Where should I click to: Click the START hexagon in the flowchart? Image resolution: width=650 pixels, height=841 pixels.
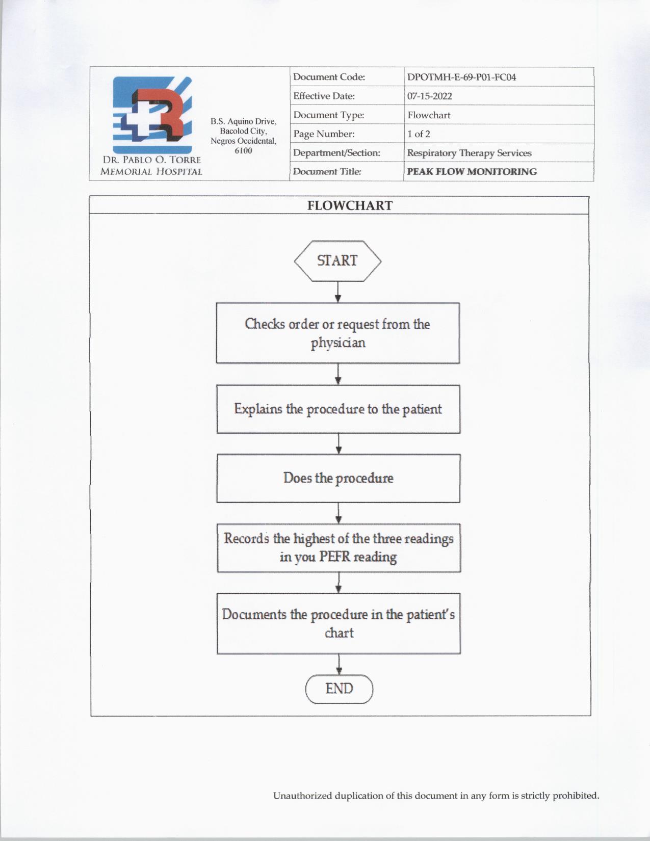coord(337,261)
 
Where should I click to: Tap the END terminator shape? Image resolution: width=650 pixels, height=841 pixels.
coord(339,689)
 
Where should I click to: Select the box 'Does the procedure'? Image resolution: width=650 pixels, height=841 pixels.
coord(339,478)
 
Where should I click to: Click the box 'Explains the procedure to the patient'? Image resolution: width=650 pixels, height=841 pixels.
coord(339,409)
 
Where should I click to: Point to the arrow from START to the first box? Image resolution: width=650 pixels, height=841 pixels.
coord(337,292)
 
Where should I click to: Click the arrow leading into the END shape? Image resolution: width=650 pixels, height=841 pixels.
coord(339,664)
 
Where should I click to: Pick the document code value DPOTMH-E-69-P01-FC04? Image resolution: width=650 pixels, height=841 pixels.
coord(461,77)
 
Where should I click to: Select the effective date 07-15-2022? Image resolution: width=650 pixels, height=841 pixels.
coord(429,96)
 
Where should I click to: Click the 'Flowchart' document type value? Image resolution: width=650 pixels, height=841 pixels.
coord(429,115)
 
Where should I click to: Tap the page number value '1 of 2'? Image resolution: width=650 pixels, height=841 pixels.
coord(419,134)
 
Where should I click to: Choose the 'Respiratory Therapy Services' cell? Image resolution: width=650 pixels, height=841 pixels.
coord(469,153)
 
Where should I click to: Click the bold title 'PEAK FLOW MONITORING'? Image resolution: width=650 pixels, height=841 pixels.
coord(472,172)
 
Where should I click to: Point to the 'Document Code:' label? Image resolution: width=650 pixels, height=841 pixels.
coord(329,77)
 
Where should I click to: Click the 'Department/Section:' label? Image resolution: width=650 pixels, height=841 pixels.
coord(336,153)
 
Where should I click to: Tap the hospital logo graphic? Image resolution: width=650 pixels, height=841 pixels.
coord(152,115)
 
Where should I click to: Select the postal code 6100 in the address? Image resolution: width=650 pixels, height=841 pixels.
coord(243,151)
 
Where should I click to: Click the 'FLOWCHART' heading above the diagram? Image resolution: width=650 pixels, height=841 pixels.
coord(350,205)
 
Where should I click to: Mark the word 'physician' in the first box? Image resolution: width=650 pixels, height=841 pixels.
coord(338,343)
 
